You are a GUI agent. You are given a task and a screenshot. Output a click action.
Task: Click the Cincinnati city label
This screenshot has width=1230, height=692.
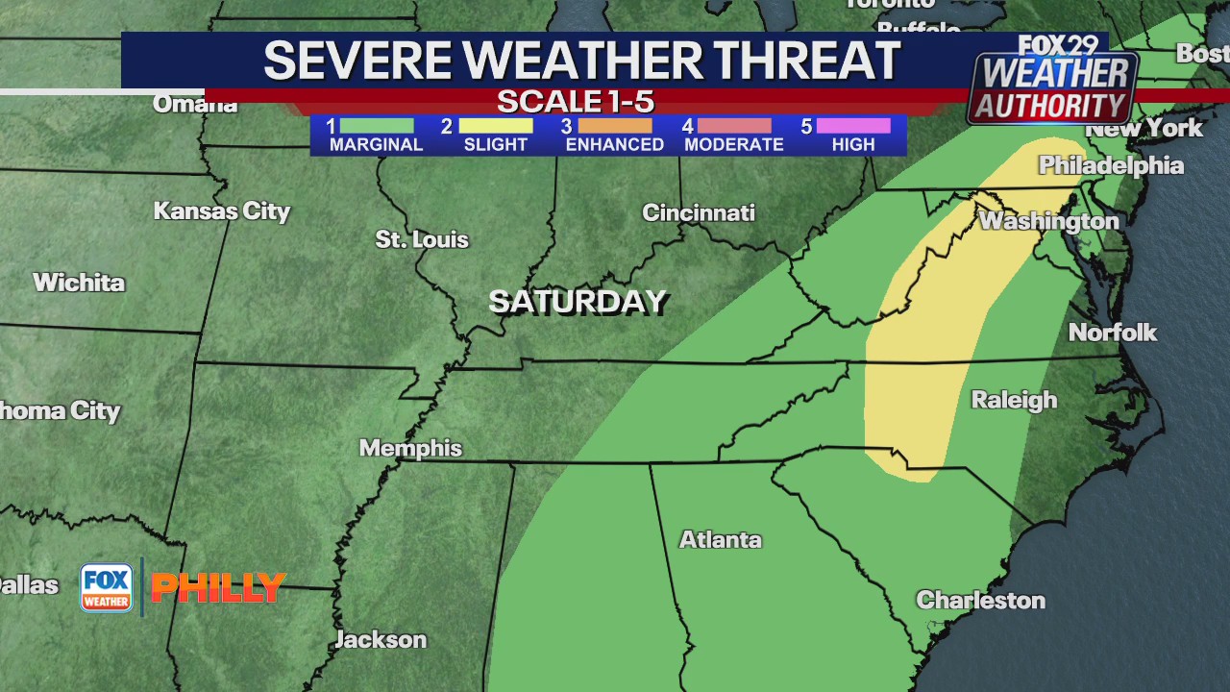pos(699,212)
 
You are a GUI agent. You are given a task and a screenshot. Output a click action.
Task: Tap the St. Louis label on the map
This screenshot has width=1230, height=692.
pos(422,239)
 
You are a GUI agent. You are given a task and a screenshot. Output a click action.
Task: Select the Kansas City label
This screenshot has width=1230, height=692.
pos(222,210)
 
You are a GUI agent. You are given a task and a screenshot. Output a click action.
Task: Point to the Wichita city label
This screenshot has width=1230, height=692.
pos(79,283)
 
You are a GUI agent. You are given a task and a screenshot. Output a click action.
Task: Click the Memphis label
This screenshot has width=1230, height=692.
pos(410,448)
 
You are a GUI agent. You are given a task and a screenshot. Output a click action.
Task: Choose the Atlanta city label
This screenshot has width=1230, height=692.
pos(721,539)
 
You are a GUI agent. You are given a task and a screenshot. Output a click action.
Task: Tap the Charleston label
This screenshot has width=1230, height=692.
pos(980,600)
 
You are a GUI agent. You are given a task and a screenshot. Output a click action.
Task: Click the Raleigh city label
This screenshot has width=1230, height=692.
pos(1014,400)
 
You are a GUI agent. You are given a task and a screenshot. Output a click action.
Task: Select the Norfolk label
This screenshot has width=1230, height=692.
pos(1113,333)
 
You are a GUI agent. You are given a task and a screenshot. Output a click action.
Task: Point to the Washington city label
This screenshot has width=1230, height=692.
pos(1048,221)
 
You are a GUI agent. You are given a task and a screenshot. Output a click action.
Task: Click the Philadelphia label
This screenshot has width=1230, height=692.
pos(1111,165)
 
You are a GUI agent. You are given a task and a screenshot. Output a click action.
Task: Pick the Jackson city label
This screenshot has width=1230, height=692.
pos(381,639)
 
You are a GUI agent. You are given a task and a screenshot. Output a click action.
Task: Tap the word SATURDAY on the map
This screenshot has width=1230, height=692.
pos(578,302)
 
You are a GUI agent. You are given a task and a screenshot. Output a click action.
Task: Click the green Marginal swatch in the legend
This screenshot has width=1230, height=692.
pos(377,126)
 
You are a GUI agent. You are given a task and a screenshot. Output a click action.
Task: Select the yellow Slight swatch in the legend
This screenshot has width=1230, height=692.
pos(496,126)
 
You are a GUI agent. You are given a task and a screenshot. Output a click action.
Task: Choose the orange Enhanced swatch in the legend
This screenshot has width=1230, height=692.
pos(615,126)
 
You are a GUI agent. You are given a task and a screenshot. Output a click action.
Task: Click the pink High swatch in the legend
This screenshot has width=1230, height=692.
pos(853,126)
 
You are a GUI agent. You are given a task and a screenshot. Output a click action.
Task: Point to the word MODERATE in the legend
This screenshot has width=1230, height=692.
pos(734,145)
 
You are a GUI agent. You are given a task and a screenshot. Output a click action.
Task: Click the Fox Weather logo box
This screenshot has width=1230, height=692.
pos(106,587)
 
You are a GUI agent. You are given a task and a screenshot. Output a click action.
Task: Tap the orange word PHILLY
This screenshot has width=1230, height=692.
pos(218,587)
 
